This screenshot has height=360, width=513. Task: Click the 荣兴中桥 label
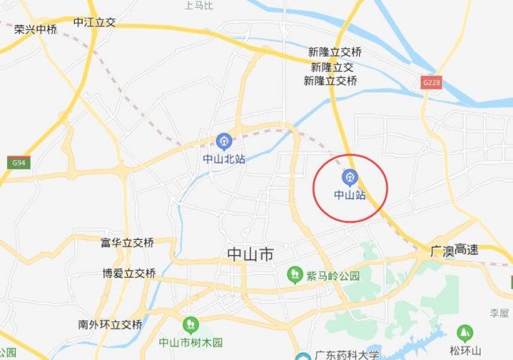(36, 29)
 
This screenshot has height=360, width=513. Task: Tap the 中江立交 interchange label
(94, 22)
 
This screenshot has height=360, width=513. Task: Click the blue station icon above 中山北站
(224, 141)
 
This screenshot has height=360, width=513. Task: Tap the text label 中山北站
(224, 159)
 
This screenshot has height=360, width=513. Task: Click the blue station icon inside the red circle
(350, 177)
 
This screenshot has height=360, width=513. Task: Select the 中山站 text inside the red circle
(350, 194)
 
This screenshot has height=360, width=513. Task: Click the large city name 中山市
(250, 255)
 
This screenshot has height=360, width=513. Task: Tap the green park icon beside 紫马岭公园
(294, 275)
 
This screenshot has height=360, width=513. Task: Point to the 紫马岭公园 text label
(332, 276)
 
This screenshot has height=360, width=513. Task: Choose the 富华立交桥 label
(127, 242)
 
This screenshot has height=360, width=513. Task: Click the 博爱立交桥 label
(129, 273)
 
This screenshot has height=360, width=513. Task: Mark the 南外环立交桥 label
(110, 324)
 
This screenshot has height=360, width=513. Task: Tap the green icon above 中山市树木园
(190, 324)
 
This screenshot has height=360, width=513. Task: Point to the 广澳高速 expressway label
(455, 249)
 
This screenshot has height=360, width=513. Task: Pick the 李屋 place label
(499, 313)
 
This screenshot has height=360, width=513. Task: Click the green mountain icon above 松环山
(465, 332)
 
